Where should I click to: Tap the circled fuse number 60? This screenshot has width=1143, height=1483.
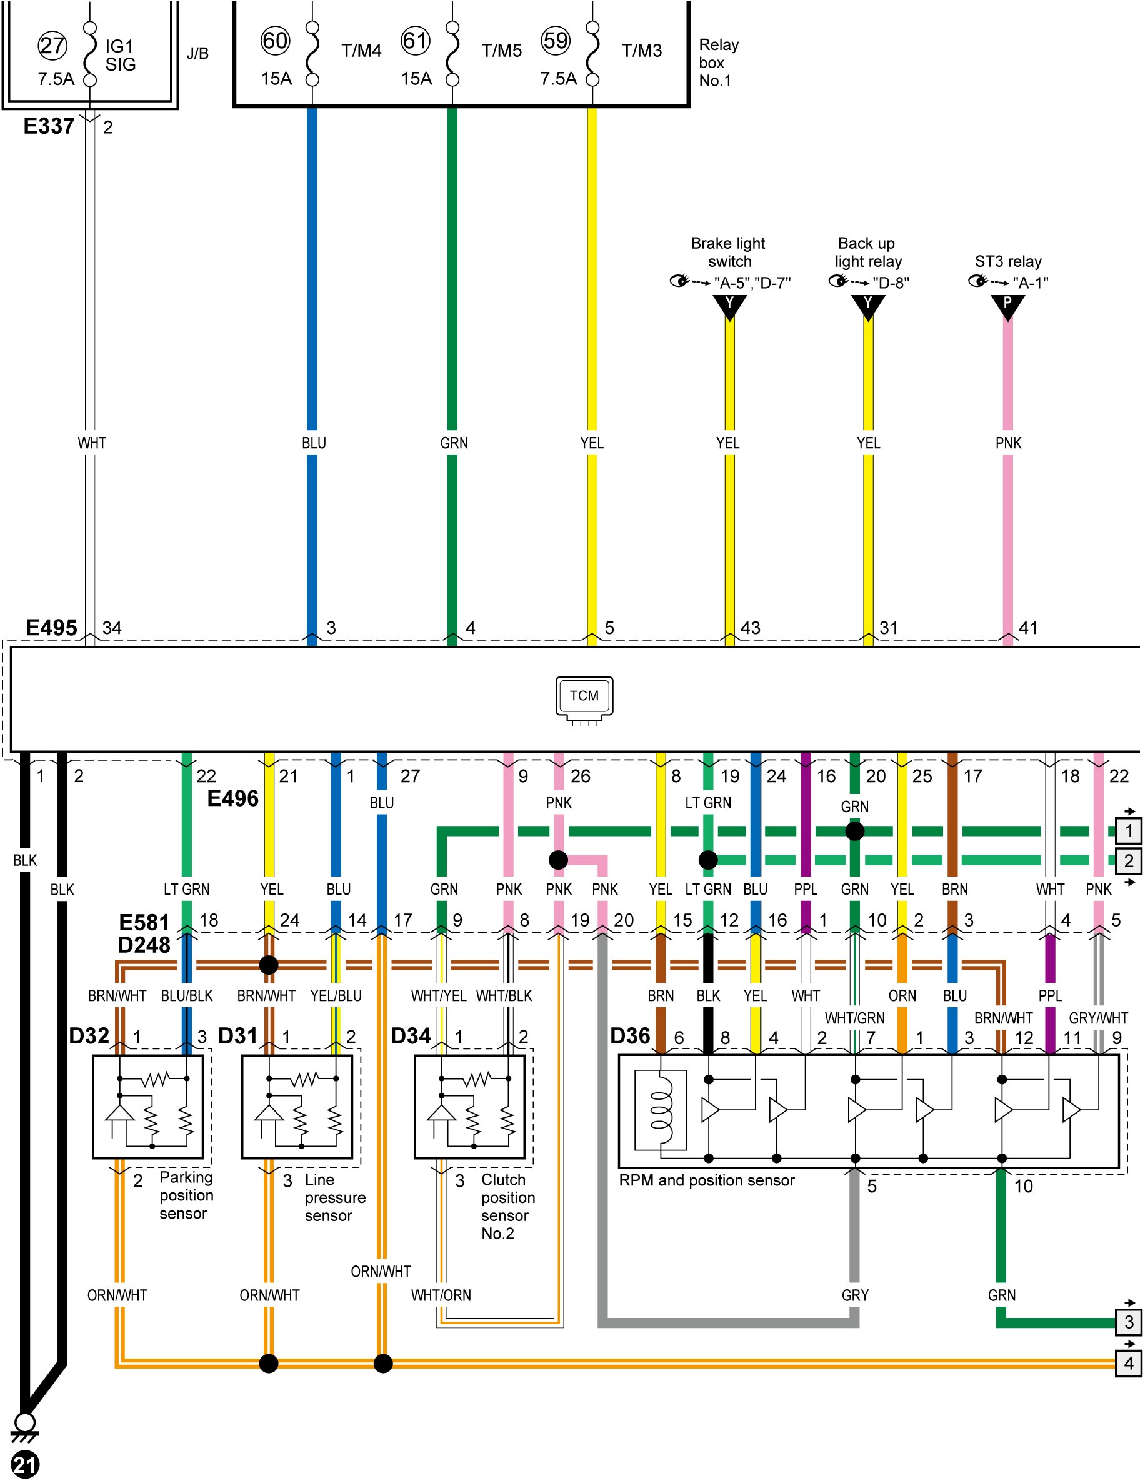point(275,41)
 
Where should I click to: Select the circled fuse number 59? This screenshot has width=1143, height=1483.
point(555,41)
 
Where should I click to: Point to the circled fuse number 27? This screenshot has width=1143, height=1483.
point(52,46)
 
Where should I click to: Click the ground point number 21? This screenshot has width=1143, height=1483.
point(25,1465)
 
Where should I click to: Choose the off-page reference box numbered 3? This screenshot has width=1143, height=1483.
point(1128,1322)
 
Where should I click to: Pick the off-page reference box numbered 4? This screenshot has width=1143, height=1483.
point(1128,1363)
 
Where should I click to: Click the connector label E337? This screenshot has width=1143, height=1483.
point(49,126)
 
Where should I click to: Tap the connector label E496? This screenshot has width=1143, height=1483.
point(233,798)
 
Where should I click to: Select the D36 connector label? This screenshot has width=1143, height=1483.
point(630,1035)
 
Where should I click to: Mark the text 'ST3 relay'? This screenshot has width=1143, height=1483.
point(1008,261)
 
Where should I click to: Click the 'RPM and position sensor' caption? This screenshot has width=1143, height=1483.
point(706,1180)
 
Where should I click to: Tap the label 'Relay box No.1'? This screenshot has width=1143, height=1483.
point(719,63)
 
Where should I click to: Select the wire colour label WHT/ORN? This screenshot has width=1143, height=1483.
point(441,1295)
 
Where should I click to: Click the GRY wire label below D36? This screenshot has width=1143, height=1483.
point(854,1295)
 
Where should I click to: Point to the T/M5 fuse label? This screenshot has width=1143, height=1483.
point(502,51)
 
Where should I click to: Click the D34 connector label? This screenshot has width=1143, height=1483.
point(411,1035)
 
